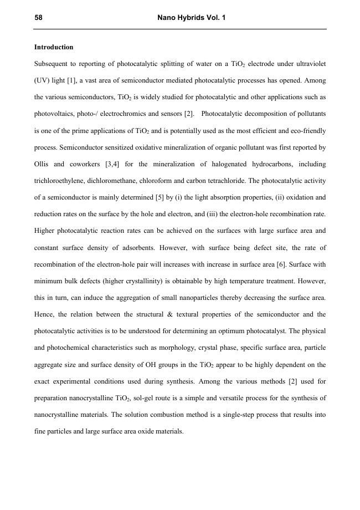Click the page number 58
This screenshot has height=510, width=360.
tap(38, 18)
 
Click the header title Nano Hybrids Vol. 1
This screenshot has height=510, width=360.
tap(192, 18)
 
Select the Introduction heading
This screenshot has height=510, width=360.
tap(54, 47)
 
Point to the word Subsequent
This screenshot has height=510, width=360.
tap(50, 64)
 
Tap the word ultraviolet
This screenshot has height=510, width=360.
tap(310, 64)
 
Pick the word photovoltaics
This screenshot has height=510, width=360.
tap(53, 114)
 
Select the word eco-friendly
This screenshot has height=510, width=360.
tap(309, 131)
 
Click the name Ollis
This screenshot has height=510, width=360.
tap(43, 164)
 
